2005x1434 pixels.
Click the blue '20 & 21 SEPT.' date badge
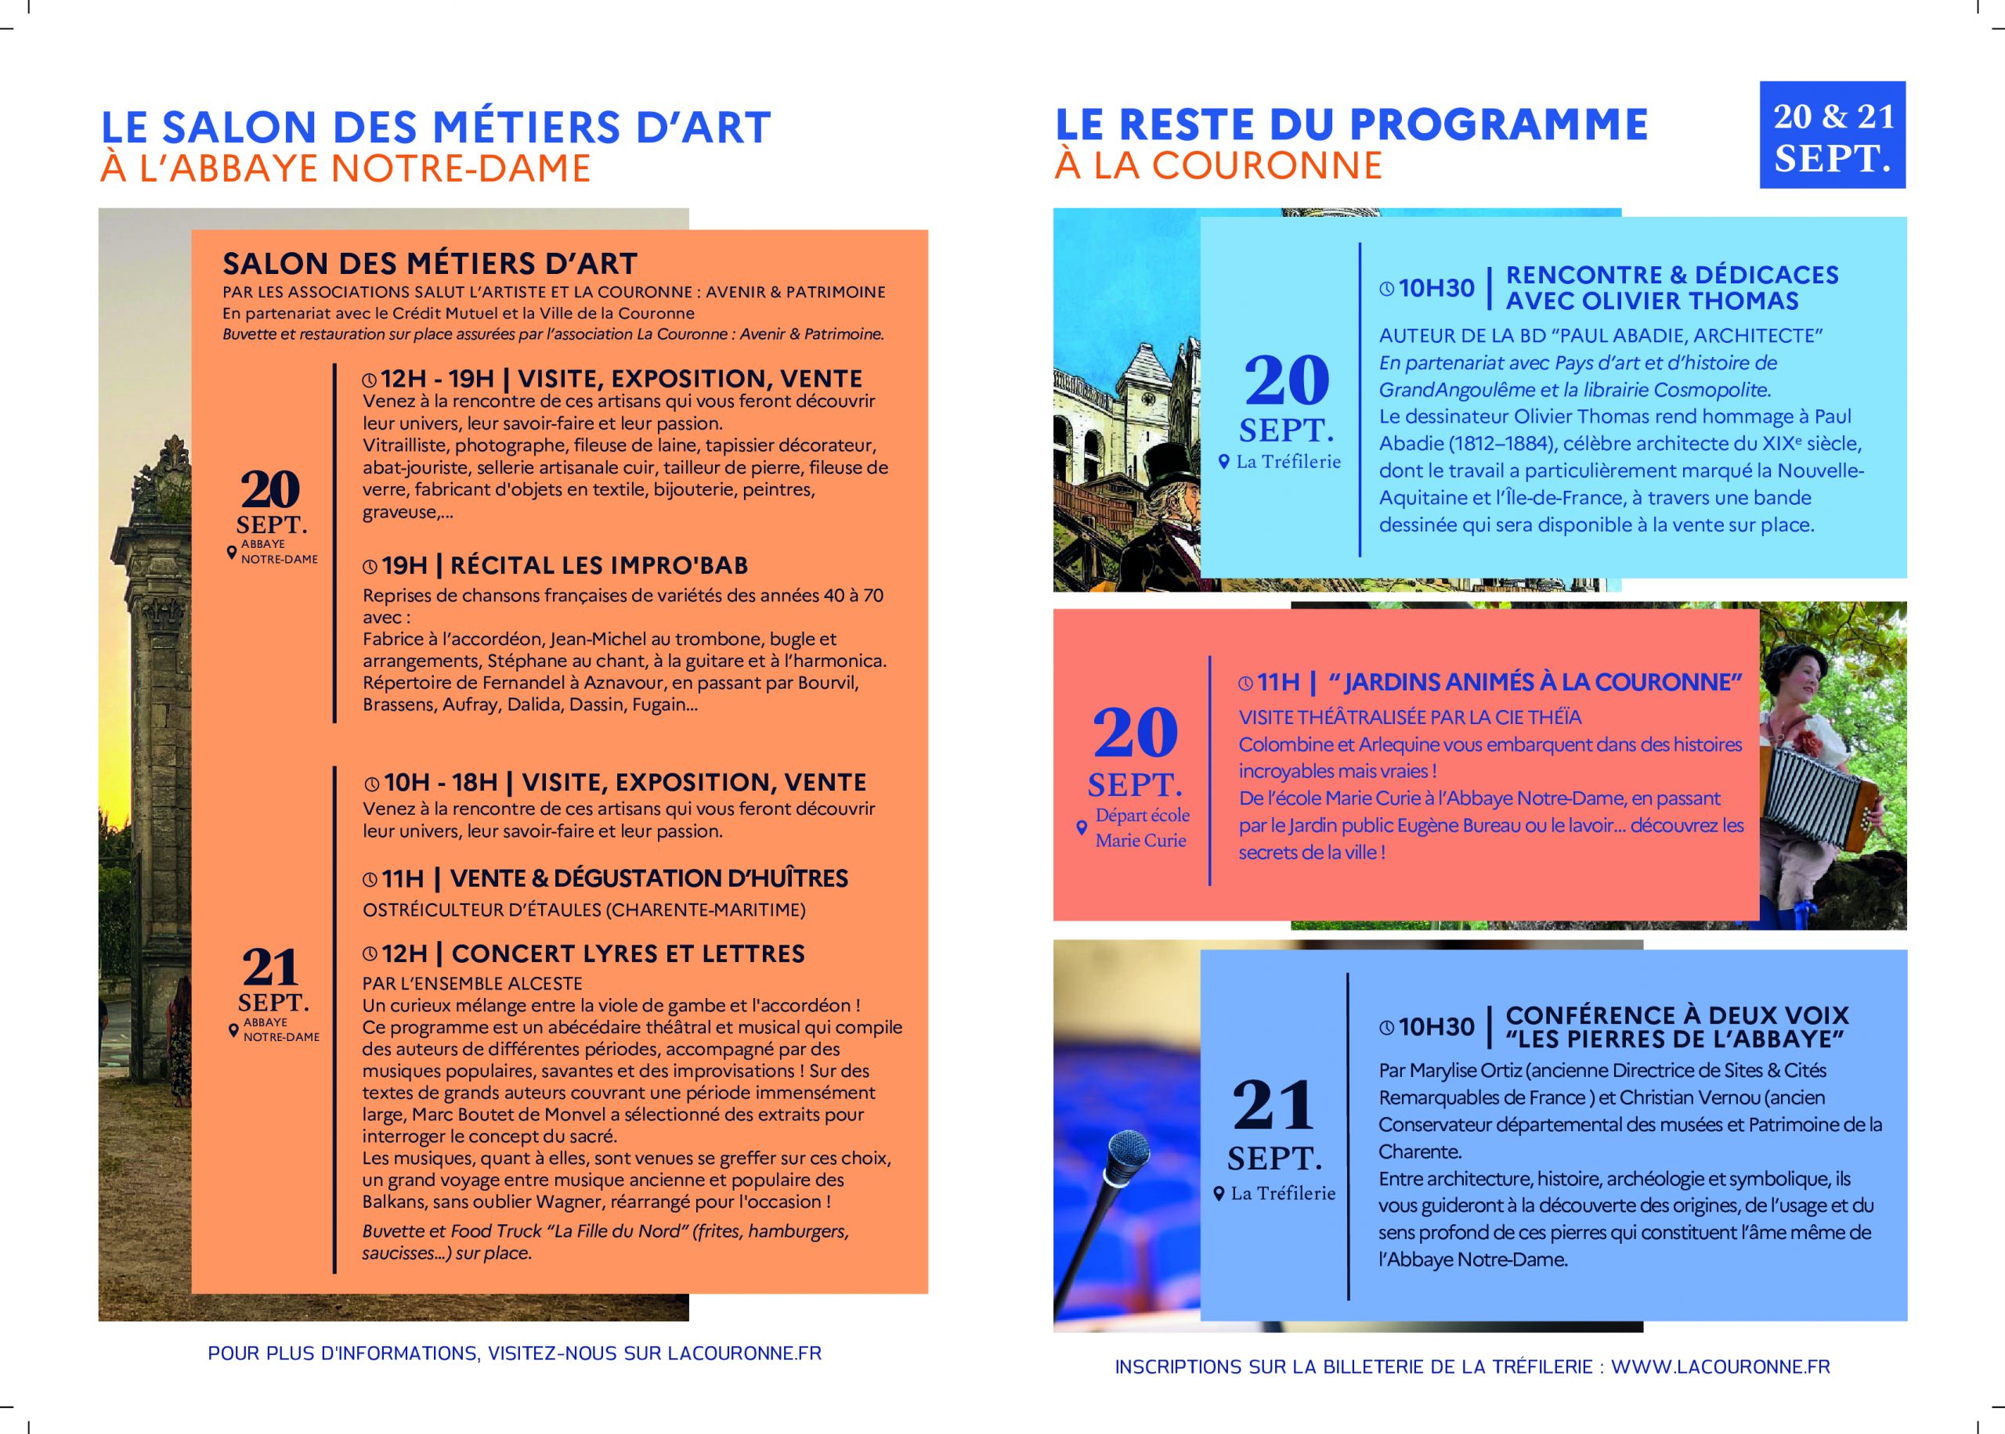(1832, 135)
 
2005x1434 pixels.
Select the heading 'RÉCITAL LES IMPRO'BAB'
(599, 565)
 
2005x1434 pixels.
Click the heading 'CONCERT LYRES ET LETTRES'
(628, 953)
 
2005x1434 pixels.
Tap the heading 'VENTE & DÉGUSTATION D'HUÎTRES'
(648, 878)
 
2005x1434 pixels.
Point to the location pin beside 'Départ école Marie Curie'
(1081, 828)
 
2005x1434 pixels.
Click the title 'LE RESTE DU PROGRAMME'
(1351, 124)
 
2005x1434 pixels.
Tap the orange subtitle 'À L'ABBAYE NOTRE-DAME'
(345, 168)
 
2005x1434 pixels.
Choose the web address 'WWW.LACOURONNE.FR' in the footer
(1721, 1367)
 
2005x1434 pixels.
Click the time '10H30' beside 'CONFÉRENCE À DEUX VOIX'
(1436, 1027)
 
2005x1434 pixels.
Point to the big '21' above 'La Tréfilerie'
(1273, 1104)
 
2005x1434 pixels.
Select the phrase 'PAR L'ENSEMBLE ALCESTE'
(472, 984)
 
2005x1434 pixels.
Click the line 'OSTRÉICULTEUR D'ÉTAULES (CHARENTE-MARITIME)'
(583, 910)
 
